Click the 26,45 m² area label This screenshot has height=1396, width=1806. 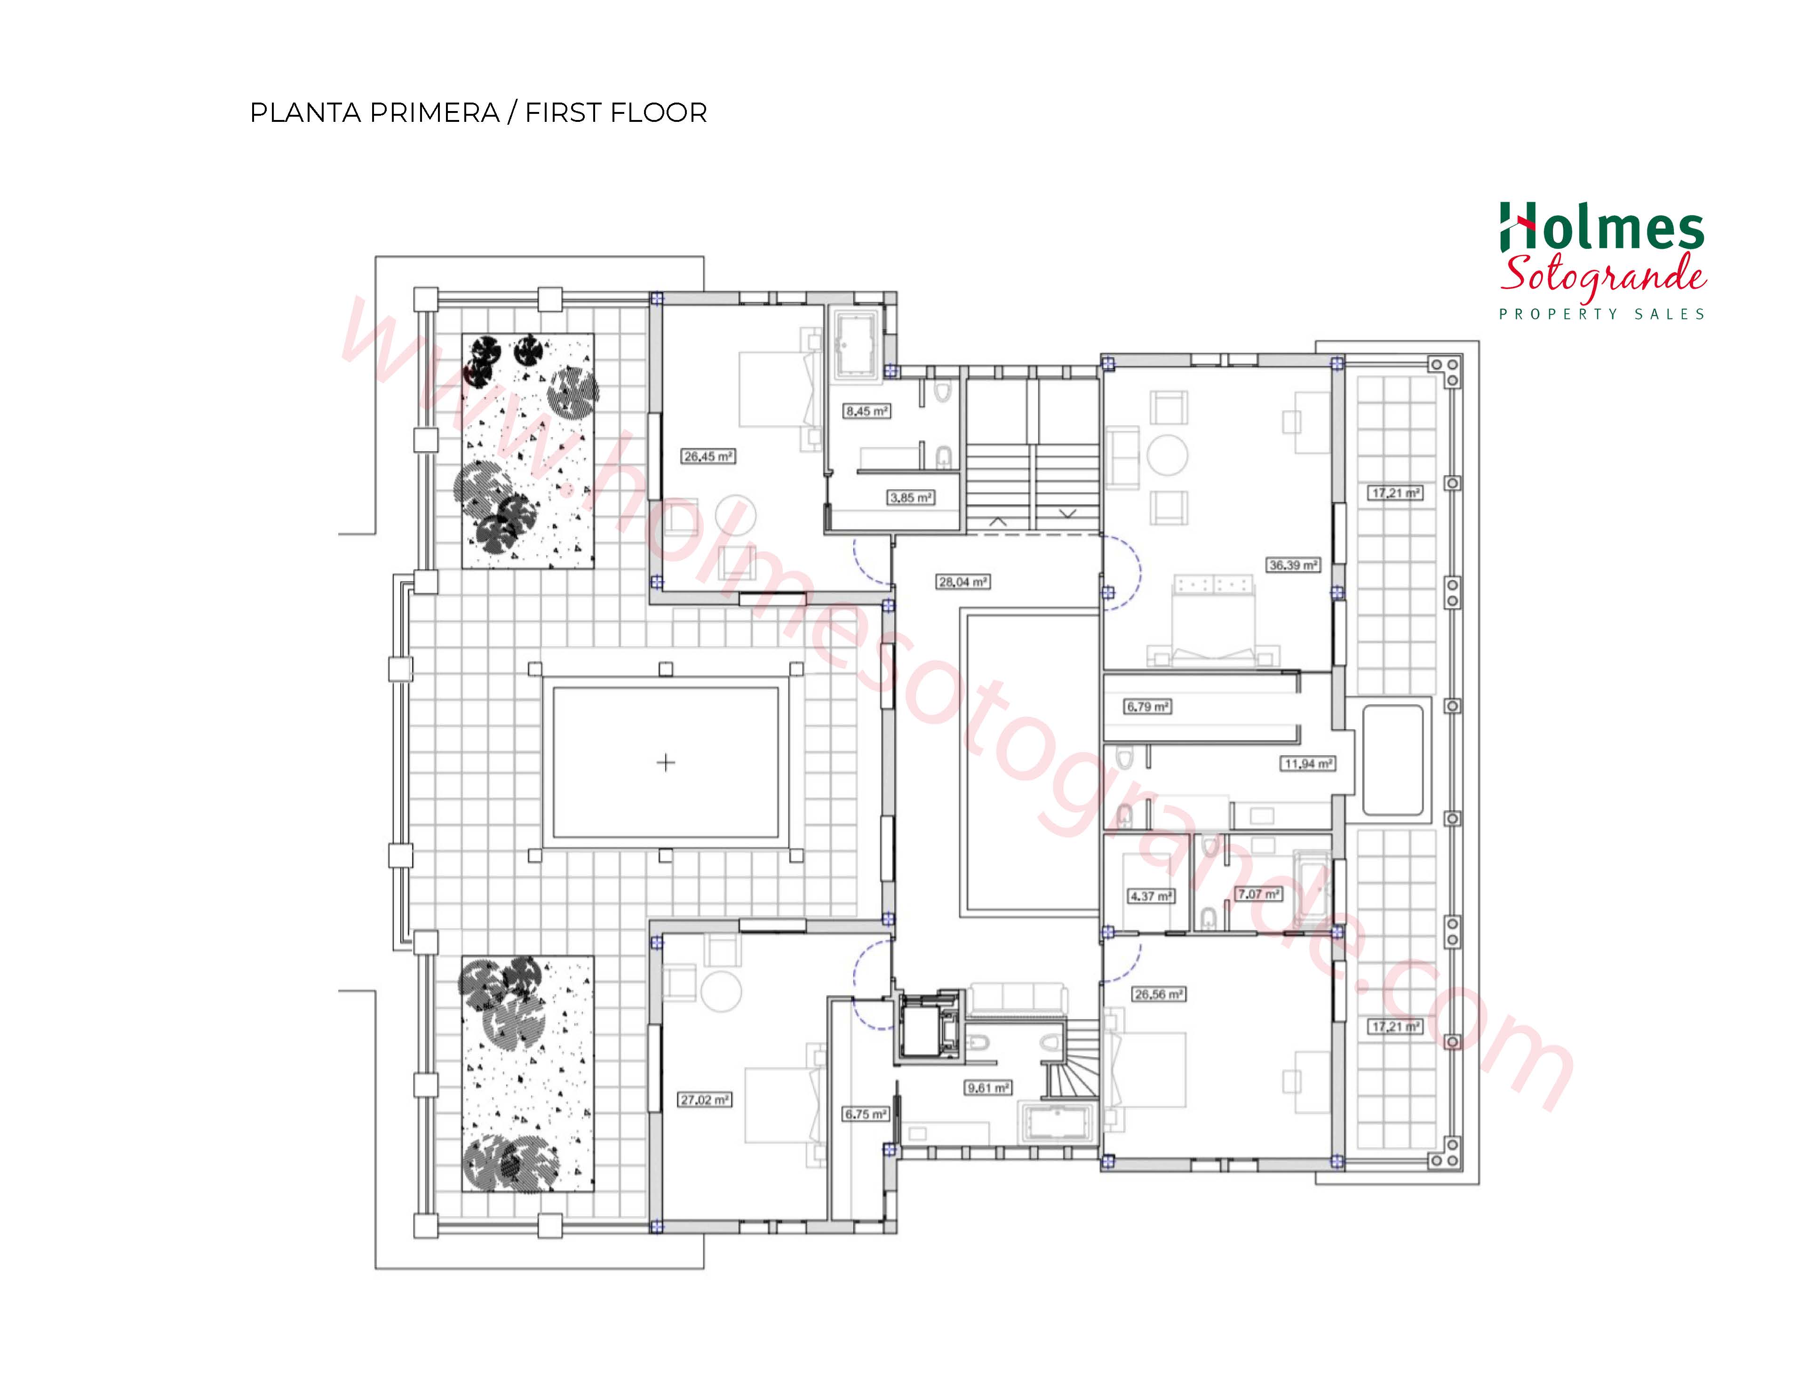pyautogui.click(x=708, y=456)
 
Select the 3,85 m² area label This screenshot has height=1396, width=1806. pyautogui.click(x=911, y=498)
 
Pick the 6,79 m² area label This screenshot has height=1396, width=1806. pyautogui.click(x=1148, y=707)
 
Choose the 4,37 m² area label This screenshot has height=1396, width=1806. pyautogui.click(x=1151, y=896)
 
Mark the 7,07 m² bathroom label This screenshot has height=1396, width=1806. pyautogui.click(x=1258, y=894)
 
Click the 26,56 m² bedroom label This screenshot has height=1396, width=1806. pyautogui.click(x=1159, y=994)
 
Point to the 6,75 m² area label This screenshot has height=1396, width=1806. pyautogui.click(x=866, y=1114)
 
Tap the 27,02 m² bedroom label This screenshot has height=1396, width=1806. pyautogui.click(x=705, y=1100)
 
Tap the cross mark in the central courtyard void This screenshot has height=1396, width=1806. pyautogui.click(x=666, y=763)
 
